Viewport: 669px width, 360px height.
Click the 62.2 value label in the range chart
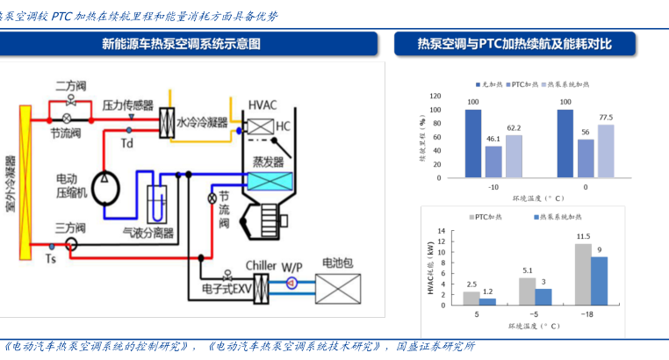pos(514,127)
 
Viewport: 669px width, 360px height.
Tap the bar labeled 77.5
pos(606,149)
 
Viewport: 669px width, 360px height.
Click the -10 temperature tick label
pos(493,187)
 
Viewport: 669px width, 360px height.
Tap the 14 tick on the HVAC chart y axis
pos(442,232)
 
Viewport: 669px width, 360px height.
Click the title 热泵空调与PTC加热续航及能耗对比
pos(527,43)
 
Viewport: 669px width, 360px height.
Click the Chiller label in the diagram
pos(261,263)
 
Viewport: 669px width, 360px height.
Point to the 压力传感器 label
pos(127,104)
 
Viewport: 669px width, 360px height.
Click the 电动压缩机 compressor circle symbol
pos(106,180)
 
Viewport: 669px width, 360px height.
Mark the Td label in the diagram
pos(127,143)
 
